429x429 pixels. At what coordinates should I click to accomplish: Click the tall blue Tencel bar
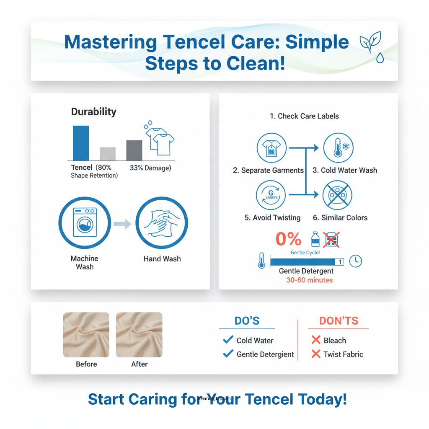point(81,143)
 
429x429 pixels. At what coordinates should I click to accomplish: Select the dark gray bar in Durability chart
point(134,150)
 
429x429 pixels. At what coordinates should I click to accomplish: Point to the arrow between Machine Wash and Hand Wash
point(123,225)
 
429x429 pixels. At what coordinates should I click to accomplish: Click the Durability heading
point(93,112)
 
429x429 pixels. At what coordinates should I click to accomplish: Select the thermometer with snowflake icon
point(338,148)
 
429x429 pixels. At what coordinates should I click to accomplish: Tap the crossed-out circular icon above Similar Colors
point(338,196)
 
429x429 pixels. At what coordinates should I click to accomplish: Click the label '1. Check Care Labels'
point(304,116)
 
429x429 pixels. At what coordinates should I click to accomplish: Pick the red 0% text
point(288,239)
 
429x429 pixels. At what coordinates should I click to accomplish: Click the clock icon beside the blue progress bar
point(355,261)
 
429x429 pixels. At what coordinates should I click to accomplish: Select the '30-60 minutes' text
point(309,280)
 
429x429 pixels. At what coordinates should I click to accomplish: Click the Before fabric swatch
point(86,335)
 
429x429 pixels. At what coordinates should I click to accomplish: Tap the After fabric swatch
point(139,335)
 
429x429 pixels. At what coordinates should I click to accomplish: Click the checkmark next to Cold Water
point(228,340)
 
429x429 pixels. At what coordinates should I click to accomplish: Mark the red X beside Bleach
point(316,340)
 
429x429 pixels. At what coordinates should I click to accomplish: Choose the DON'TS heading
point(339,321)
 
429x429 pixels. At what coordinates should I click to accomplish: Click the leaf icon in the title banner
point(370,42)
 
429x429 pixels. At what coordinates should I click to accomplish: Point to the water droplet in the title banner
point(380,58)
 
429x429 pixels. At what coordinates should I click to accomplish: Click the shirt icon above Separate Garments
point(271,148)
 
